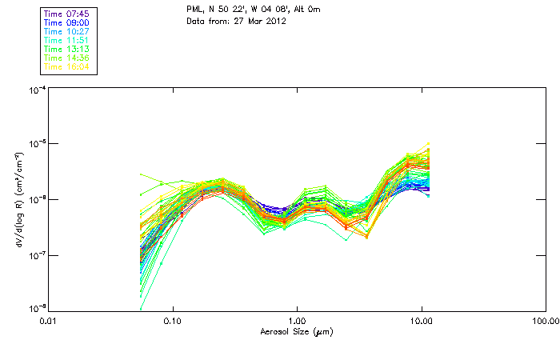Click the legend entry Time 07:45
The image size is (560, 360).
(x=67, y=14)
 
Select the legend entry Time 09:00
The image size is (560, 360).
(x=67, y=22)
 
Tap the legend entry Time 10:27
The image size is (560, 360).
(x=67, y=31)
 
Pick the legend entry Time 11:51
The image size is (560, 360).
(x=67, y=40)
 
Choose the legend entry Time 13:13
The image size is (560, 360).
(x=67, y=49)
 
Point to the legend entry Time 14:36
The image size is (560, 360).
(x=67, y=58)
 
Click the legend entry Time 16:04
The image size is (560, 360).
(x=67, y=66)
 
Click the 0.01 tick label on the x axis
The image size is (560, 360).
(x=49, y=322)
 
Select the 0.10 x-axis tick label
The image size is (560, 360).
(x=173, y=322)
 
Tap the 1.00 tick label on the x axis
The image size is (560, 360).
(x=297, y=322)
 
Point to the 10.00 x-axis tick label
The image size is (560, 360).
(x=421, y=322)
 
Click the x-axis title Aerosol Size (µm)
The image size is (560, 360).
(x=296, y=332)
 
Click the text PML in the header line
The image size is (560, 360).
(x=195, y=10)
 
